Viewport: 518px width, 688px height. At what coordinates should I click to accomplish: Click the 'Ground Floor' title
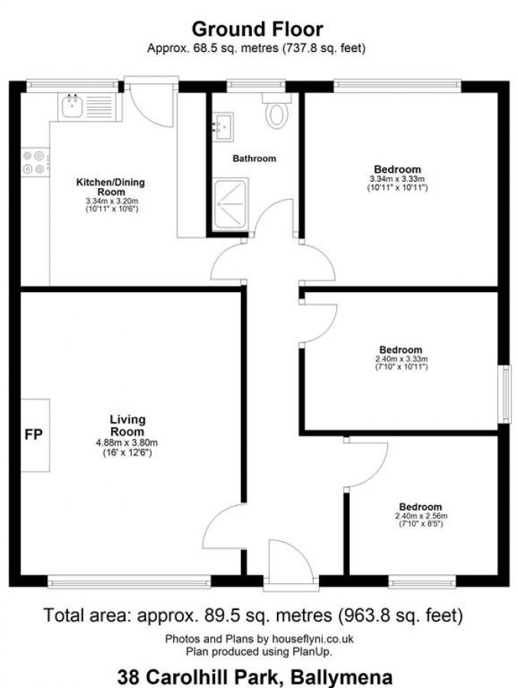click(257, 29)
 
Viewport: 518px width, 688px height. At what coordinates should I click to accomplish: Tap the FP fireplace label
click(33, 435)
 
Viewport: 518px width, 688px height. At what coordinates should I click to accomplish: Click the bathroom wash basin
click(223, 127)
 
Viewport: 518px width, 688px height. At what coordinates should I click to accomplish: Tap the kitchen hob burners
click(34, 162)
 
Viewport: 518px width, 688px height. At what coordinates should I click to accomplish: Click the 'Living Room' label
click(127, 426)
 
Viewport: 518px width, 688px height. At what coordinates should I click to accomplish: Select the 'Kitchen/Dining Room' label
click(110, 187)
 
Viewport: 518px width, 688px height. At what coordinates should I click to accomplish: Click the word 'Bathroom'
click(254, 159)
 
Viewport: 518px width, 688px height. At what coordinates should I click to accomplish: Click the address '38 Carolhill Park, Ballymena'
click(255, 677)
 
